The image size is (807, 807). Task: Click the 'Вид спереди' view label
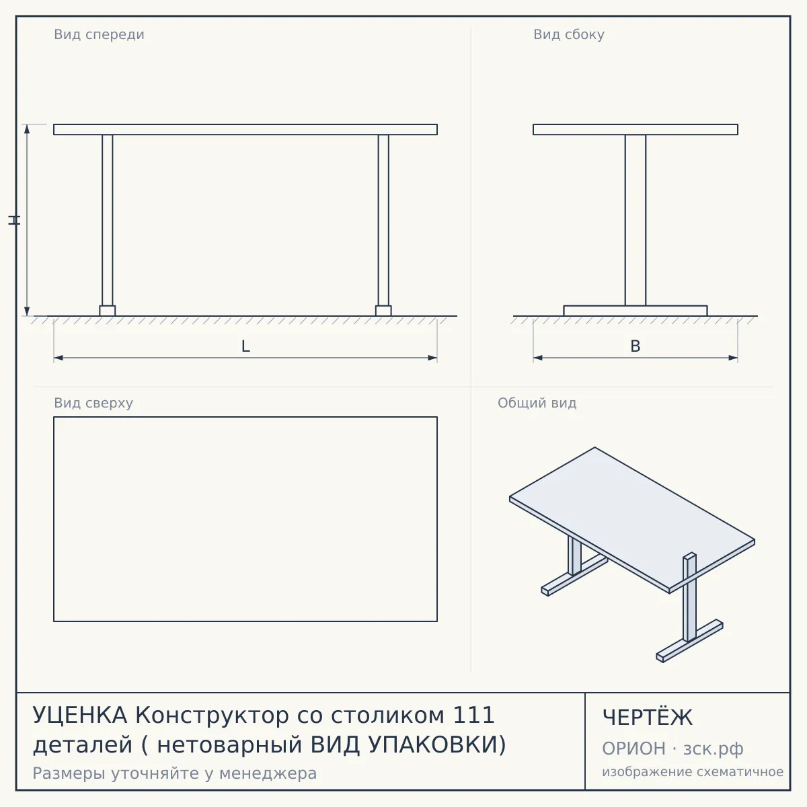tap(99, 35)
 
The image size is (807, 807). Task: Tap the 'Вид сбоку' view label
tap(569, 35)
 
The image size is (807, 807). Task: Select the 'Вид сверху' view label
tap(93, 403)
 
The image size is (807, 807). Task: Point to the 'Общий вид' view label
tap(537, 403)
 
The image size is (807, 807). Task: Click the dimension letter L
tap(246, 346)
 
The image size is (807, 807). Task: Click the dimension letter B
tap(636, 346)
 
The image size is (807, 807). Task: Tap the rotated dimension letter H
tap(14, 220)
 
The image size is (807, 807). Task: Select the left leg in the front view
tap(107, 221)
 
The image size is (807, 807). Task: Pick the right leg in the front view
tap(383, 221)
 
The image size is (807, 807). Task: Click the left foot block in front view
tap(107, 311)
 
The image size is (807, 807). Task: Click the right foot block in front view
tap(383, 311)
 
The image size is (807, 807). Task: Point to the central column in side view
tap(636, 221)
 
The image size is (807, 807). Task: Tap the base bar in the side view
tap(636, 311)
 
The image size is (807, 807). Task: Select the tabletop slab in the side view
tap(636, 129)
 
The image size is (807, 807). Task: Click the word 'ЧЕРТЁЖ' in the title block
tap(648, 718)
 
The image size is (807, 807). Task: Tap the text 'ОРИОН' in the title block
tap(633, 748)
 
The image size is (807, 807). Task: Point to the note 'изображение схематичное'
tap(693, 772)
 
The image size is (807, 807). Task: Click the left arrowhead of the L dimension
tap(59, 358)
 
